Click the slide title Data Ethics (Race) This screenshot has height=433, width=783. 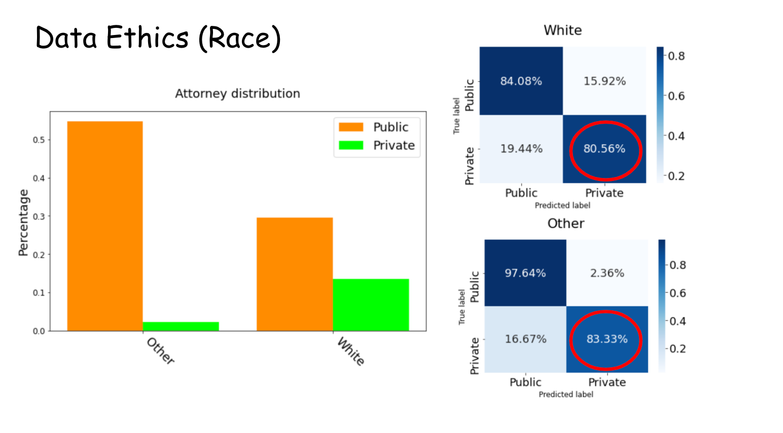(158, 38)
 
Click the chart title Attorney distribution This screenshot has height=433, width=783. (237, 94)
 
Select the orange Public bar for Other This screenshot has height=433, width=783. (105, 226)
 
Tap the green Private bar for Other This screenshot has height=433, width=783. (181, 326)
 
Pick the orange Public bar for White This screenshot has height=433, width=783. (295, 274)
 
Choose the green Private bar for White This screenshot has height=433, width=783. (371, 305)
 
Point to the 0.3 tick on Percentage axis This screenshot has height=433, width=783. (39, 216)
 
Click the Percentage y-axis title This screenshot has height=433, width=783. (23, 222)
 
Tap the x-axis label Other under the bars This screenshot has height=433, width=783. (160, 351)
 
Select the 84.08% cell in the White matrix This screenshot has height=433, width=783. (521, 81)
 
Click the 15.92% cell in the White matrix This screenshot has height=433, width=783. (604, 81)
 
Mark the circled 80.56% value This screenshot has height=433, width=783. (604, 149)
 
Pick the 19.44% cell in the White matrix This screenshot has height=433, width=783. (521, 149)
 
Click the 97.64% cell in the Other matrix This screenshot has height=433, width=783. (525, 273)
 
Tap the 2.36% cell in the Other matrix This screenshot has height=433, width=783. (607, 273)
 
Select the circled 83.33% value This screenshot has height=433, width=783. (607, 339)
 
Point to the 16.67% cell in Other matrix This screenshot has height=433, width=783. (525, 339)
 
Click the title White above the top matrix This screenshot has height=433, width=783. (562, 30)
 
